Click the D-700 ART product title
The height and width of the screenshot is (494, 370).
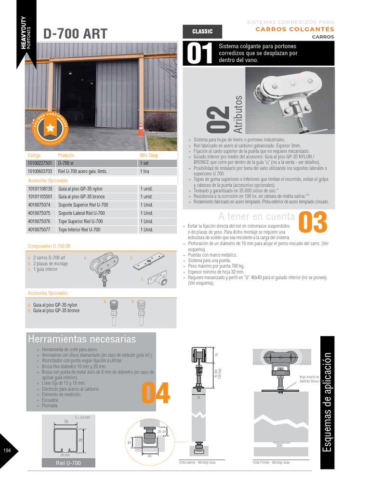(75, 33)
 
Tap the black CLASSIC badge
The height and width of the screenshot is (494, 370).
(202, 31)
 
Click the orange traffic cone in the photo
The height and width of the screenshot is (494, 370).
(141, 128)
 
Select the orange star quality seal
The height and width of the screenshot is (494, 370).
(50, 127)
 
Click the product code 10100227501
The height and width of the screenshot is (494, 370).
(40, 163)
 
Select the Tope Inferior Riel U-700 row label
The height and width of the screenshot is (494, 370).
(79, 230)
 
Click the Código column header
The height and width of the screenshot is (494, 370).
(35, 155)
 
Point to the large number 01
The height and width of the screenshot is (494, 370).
(199, 55)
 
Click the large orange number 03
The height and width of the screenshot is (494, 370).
(313, 222)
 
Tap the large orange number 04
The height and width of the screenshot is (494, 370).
(156, 393)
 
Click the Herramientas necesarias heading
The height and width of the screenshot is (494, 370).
(82, 339)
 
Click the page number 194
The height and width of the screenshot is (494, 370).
(7, 451)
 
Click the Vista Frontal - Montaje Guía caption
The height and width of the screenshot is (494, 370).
(271, 462)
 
